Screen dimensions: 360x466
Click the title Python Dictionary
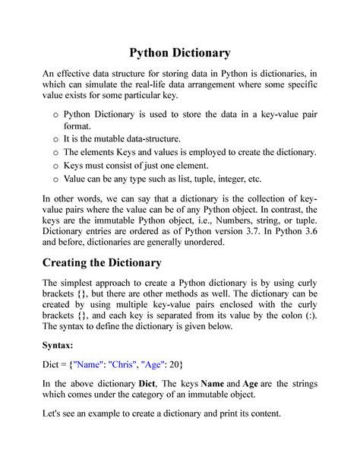(179, 53)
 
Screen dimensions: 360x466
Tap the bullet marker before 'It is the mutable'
(55, 140)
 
